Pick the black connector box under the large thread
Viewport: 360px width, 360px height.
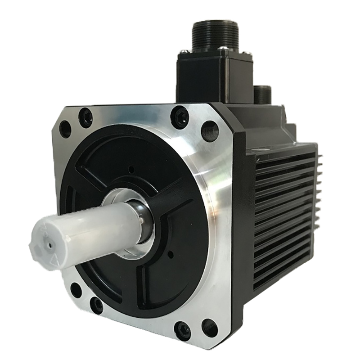click(211, 76)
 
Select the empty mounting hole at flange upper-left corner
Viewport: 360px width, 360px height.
click(65, 129)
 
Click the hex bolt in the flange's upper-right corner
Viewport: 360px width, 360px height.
click(180, 117)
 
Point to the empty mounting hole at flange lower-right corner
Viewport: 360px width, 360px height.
click(210, 328)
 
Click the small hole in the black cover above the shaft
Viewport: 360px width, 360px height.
click(130, 170)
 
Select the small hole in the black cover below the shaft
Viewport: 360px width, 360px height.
click(171, 255)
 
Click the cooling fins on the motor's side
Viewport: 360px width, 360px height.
click(283, 216)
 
